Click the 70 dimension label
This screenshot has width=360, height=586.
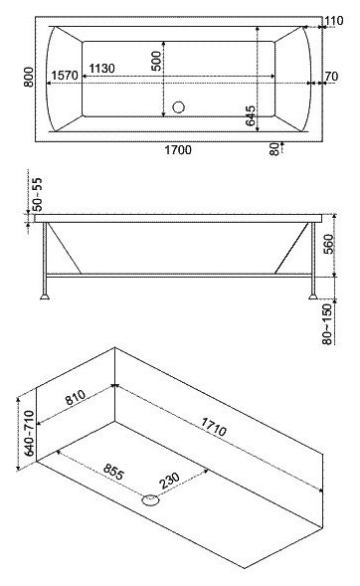333,76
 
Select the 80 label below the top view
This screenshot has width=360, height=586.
272,149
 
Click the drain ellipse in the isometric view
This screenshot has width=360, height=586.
151,500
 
